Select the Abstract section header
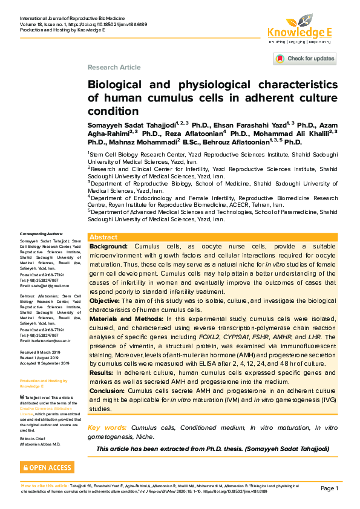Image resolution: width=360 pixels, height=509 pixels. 103,238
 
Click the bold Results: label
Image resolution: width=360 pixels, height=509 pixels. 103,373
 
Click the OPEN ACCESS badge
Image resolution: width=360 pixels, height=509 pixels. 47,467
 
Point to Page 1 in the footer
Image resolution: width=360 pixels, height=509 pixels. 329,488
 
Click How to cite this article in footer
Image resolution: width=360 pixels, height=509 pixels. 45,485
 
